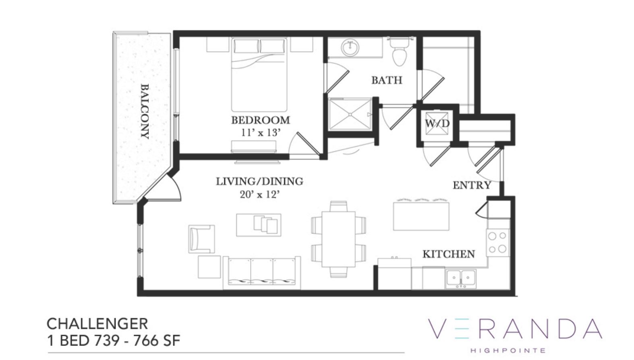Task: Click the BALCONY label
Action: (145, 112)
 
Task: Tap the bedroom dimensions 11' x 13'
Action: (261, 133)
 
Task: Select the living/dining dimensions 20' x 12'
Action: (260, 194)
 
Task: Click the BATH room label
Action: (387, 80)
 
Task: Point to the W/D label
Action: (437, 123)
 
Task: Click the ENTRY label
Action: (472, 185)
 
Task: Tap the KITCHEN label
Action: (449, 254)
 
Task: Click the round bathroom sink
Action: (350, 47)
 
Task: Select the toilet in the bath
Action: (399, 52)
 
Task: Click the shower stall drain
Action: (350, 114)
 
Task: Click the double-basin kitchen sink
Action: (460, 279)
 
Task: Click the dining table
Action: (338, 239)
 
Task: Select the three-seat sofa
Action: (262, 273)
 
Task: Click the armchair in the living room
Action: (201, 239)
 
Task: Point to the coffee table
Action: (259, 225)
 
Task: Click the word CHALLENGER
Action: (97, 324)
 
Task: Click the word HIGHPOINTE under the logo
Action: (508, 351)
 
